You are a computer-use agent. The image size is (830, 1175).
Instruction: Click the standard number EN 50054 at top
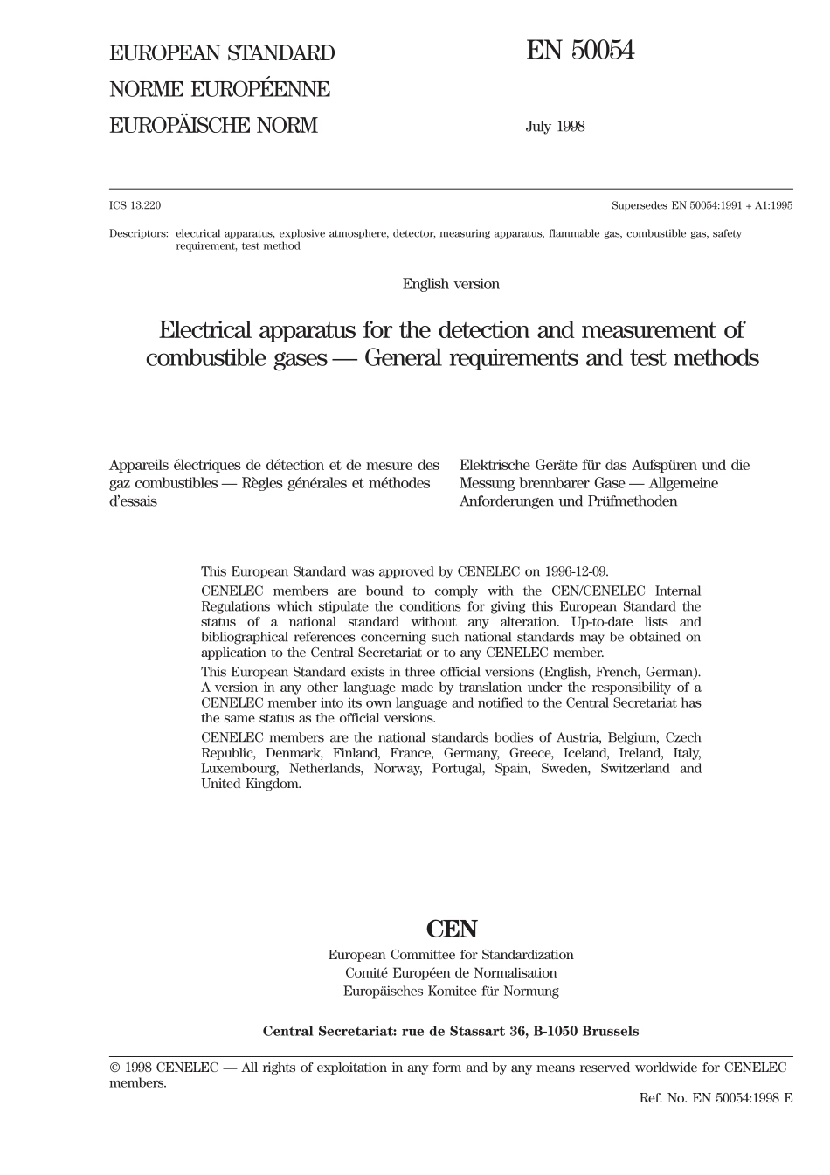(579, 52)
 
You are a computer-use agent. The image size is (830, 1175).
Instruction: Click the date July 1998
(555, 127)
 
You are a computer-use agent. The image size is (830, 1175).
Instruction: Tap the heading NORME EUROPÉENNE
(219, 90)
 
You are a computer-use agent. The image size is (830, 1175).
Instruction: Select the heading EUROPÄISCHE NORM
(213, 126)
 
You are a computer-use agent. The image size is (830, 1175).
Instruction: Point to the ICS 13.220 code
(135, 206)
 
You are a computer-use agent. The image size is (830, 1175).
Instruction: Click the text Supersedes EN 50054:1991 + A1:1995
(702, 206)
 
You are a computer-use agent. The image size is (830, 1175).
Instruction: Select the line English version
(451, 284)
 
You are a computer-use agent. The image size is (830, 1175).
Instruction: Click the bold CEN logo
(451, 929)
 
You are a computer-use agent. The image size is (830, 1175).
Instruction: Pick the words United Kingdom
(251, 784)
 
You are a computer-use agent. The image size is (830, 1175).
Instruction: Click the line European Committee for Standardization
(451, 956)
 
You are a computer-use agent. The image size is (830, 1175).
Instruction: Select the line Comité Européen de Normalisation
(451, 973)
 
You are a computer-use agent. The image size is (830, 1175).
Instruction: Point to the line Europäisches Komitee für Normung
(451, 992)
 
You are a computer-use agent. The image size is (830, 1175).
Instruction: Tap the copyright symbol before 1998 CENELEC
(114, 1068)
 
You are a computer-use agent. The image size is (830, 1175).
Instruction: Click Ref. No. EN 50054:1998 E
(716, 1098)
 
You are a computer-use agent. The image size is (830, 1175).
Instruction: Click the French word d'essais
(133, 501)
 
